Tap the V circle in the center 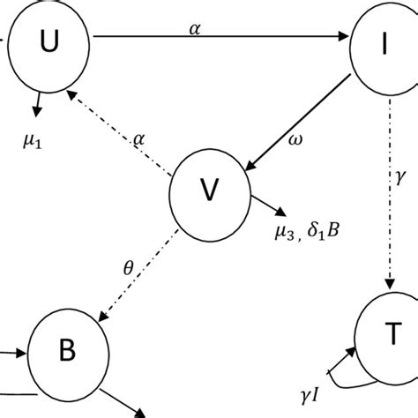coord(208,190)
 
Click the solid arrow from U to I coord(220,37)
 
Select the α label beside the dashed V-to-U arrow coord(138,138)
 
